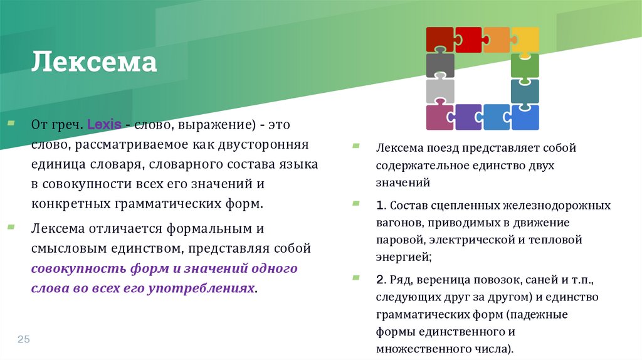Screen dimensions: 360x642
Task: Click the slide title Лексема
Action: pyautogui.click(x=95, y=63)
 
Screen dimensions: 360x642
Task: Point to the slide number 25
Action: pyautogui.click(x=24, y=339)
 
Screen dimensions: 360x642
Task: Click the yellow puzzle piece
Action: pyautogui.click(x=525, y=40)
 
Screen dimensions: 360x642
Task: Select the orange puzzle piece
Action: pyautogui.click(x=497, y=40)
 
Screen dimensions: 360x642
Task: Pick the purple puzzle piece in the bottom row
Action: pyautogui.click(x=468, y=117)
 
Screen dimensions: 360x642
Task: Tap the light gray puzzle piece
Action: pyautogui.click(x=439, y=91)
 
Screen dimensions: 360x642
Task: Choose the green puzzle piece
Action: pyautogui.click(x=525, y=65)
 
